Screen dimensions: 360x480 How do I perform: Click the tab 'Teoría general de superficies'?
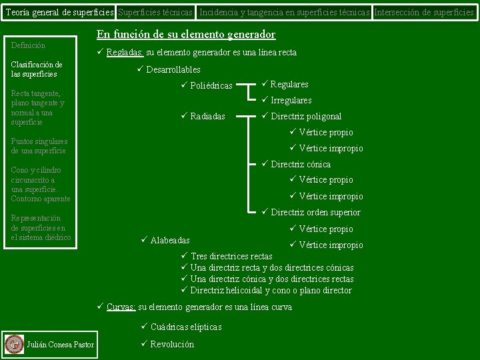[x=58, y=12]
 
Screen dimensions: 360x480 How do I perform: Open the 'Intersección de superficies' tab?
[x=425, y=12]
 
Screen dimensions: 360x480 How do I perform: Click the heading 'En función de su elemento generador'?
[x=186, y=35]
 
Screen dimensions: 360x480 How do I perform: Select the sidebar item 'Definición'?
[x=29, y=45]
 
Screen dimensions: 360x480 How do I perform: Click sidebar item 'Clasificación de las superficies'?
[x=37, y=69]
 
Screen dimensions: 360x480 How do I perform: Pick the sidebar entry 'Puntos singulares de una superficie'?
[x=39, y=146]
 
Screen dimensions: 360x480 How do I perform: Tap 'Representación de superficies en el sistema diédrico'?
[x=41, y=227]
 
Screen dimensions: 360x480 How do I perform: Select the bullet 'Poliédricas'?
[x=211, y=85]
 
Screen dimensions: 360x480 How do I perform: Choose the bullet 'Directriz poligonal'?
[x=306, y=116]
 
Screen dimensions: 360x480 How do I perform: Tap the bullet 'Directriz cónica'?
[x=301, y=164]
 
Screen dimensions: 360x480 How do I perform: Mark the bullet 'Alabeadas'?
[x=170, y=240]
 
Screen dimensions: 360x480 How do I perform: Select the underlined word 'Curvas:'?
[x=121, y=307]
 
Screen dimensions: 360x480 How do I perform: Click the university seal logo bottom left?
[x=13, y=344]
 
